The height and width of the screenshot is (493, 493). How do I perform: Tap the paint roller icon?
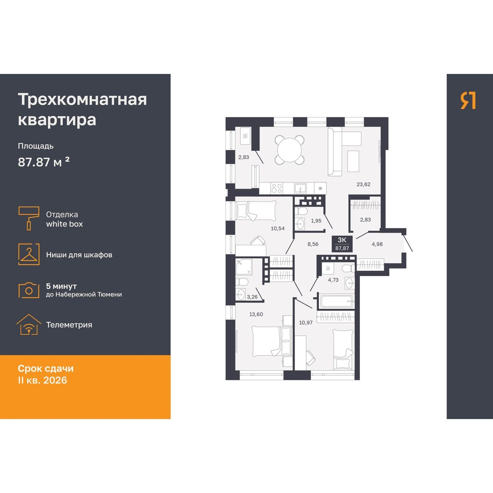(x=29, y=218)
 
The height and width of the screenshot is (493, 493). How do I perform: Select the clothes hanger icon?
(x=29, y=254)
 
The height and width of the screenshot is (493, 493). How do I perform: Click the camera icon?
(x=29, y=290)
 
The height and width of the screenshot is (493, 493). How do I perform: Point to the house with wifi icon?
(x=29, y=325)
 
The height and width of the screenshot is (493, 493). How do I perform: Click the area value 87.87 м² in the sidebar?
(x=44, y=162)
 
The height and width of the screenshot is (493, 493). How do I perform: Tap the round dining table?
(x=290, y=150)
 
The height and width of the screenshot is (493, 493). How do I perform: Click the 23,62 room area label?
(x=363, y=184)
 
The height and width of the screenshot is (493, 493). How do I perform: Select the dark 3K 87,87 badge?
(x=342, y=244)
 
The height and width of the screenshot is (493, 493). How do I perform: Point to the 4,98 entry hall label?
(x=377, y=244)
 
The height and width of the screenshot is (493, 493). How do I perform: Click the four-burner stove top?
(x=277, y=188)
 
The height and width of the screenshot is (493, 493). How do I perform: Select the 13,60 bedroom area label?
(x=256, y=314)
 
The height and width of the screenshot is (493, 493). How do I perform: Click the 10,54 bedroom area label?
(x=278, y=228)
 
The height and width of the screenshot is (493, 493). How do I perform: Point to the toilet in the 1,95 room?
(x=301, y=211)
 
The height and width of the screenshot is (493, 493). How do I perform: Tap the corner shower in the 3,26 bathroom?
(x=244, y=267)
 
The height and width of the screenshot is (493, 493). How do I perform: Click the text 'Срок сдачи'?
(x=46, y=369)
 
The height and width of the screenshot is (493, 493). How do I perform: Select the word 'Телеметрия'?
(x=69, y=325)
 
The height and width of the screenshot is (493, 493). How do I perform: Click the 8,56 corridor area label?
(x=313, y=244)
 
